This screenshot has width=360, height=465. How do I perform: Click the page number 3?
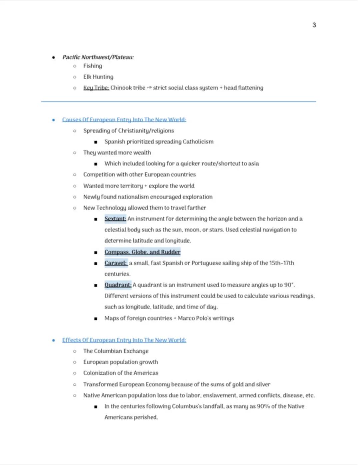coord(314,25)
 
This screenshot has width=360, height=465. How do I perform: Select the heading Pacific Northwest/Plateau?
coord(98,57)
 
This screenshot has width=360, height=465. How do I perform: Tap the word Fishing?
coord(93,66)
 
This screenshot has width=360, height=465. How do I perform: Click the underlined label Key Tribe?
coord(96,88)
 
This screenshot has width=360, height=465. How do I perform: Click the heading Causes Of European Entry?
coord(124,120)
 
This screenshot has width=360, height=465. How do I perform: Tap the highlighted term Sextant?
coord(115,219)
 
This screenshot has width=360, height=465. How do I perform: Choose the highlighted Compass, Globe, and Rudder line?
coord(142,252)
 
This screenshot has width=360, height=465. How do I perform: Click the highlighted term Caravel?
coord(116,263)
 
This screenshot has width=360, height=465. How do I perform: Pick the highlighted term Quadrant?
coord(118,285)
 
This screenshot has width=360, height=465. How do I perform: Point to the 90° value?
coord(289,285)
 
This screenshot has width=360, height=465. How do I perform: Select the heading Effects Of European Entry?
coord(124,340)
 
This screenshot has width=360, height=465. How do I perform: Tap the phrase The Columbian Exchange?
coord(116,351)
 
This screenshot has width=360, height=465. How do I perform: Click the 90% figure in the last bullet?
coord(263,406)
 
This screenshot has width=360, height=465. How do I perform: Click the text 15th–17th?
coord(282,263)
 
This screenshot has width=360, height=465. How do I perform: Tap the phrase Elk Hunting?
coord(98,77)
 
